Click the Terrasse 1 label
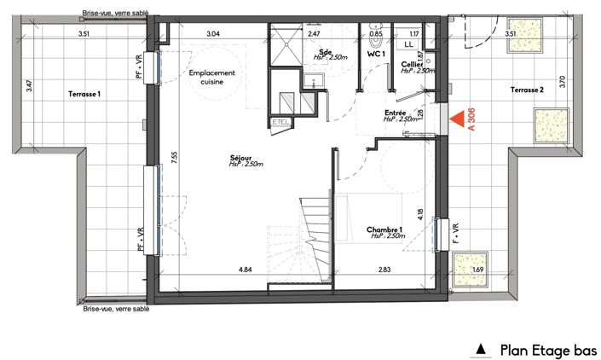click(x=84, y=95)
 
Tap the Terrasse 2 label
click(x=528, y=90)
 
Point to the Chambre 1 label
click(x=384, y=230)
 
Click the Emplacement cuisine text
click(x=213, y=78)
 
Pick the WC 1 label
click(x=377, y=54)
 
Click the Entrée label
click(x=395, y=113)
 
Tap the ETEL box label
click(x=280, y=123)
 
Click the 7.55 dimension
click(x=174, y=156)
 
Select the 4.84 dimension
click(x=245, y=270)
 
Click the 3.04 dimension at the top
click(x=213, y=33)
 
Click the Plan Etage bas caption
click(x=548, y=349)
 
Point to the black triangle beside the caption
click(x=481, y=349)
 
